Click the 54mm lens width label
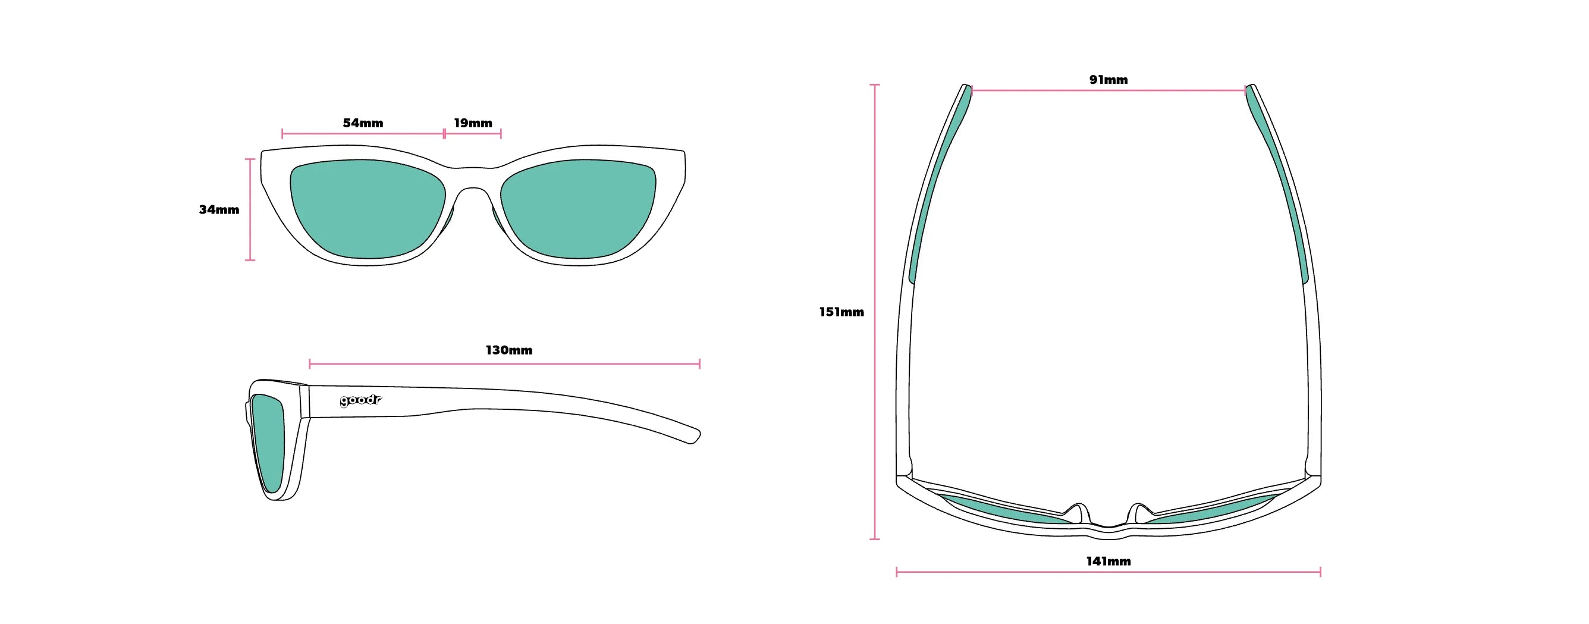(363, 123)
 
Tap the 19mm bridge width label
(473, 123)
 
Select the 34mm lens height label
(219, 209)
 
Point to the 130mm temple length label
(509, 350)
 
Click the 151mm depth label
(841, 312)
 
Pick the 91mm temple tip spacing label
(1108, 80)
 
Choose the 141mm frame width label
(1108, 561)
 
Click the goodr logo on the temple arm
(361, 400)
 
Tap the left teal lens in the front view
(368, 208)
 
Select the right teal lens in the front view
(578, 208)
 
